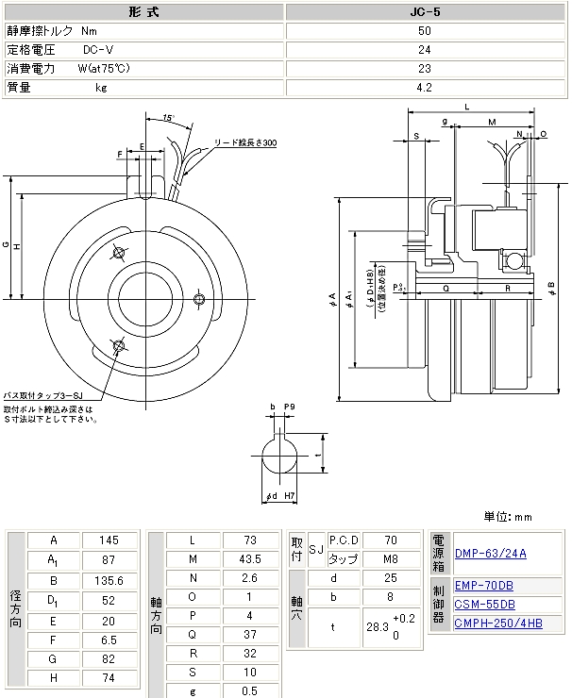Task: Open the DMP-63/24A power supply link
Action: pyautogui.click(x=490, y=554)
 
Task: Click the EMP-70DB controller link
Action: pyautogui.click(x=484, y=586)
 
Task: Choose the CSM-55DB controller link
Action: pyautogui.click(x=484, y=604)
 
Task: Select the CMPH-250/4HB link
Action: pyautogui.click(x=498, y=623)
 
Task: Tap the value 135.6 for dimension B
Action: pyautogui.click(x=109, y=580)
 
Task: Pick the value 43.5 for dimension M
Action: pyautogui.click(x=249, y=561)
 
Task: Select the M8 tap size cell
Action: pyautogui.click(x=391, y=558)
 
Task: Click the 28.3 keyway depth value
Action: pyautogui.click(x=377, y=627)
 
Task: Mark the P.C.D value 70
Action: pyautogui.click(x=391, y=540)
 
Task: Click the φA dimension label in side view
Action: pyautogui.click(x=332, y=299)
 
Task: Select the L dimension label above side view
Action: pyautogui.click(x=467, y=108)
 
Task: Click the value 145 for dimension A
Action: pyautogui.click(x=109, y=540)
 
